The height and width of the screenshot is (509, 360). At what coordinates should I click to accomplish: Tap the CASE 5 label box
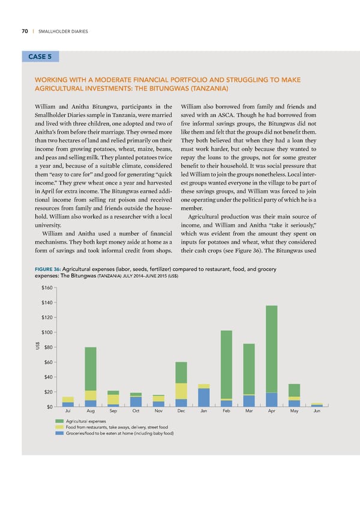click(40, 57)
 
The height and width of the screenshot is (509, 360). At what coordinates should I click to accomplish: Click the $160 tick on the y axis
click(44, 291)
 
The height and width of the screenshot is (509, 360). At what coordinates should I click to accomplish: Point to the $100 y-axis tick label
click(44, 333)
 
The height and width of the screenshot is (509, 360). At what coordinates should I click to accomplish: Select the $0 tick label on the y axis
click(47, 408)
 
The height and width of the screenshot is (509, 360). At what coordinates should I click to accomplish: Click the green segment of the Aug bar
click(91, 369)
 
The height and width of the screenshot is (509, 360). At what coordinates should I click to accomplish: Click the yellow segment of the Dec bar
click(181, 391)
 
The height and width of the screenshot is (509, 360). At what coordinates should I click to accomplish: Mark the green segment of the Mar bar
click(249, 369)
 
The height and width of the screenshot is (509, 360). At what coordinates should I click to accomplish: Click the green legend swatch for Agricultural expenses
click(59, 421)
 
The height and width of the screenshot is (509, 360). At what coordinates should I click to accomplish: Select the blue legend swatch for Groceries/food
click(59, 433)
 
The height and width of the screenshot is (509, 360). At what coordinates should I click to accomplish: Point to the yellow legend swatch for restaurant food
click(59, 427)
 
